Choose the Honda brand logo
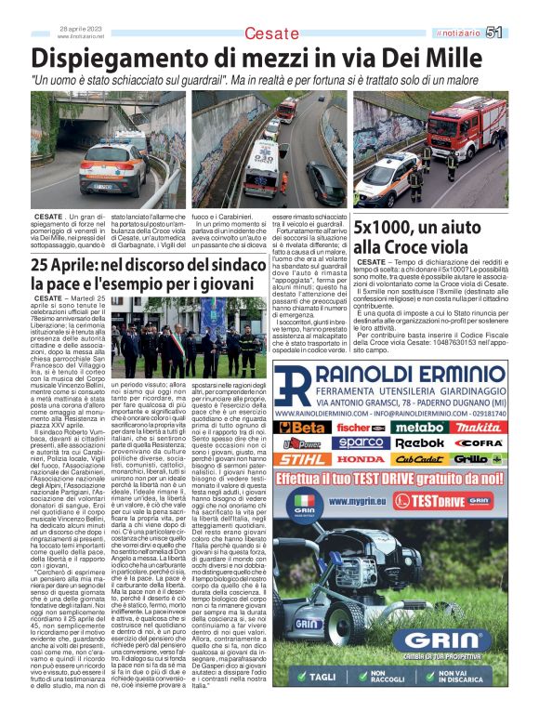(360, 459)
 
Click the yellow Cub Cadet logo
(420, 459)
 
